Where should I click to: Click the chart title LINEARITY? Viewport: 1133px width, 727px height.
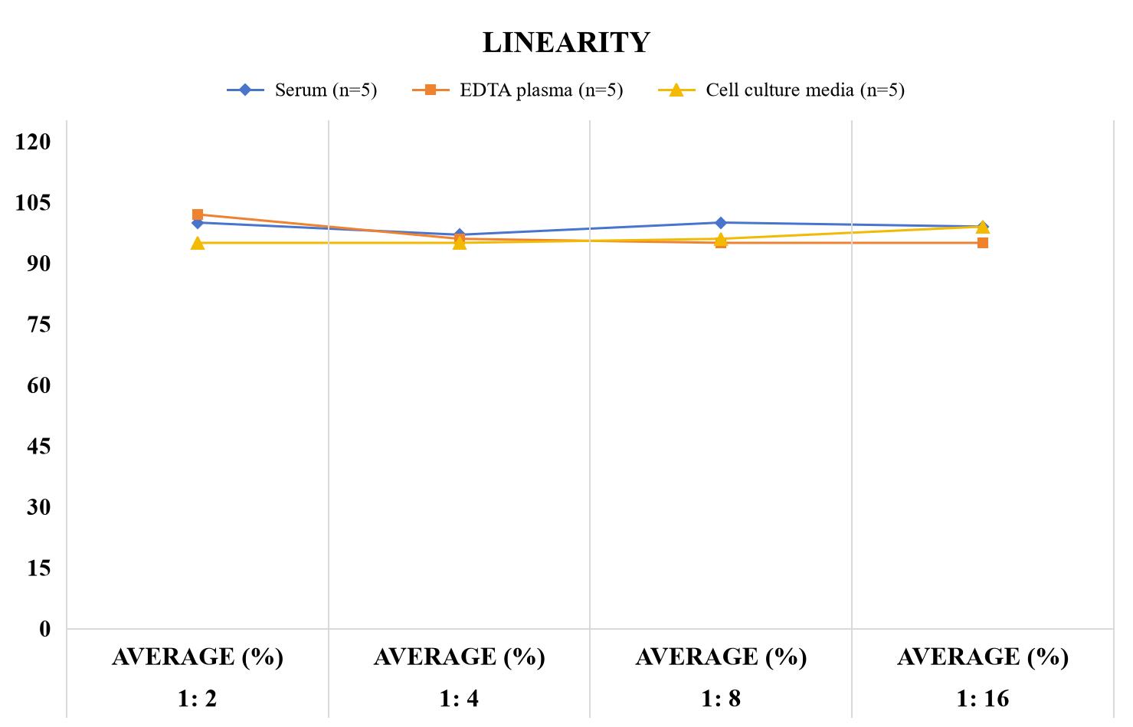coord(566,42)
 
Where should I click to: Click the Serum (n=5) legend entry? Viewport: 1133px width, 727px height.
coord(302,90)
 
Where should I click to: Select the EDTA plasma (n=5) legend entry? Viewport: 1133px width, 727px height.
coord(517,90)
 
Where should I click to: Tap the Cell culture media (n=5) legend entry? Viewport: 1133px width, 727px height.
coord(781,90)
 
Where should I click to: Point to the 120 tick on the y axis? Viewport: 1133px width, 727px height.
coord(33,142)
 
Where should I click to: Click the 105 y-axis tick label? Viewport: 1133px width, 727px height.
coord(33,203)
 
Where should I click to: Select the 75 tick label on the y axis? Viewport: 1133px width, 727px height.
coord(39,325)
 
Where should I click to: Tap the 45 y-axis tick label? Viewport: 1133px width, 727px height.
coord(39,447)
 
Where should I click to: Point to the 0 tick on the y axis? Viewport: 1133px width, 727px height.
coord(45,630)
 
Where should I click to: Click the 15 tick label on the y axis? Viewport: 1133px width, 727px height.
coord(39,568)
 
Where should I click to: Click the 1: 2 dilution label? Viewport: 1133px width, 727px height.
coord(198,699)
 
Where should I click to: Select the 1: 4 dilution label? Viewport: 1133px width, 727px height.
coord(459,699)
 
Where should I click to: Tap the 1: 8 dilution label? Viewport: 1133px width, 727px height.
coord(721,699)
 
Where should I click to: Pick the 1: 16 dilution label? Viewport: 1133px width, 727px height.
coord(982,699)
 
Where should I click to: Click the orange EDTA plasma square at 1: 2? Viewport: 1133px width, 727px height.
coord(198,214)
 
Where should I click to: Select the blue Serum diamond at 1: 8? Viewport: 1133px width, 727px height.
coord(721,223)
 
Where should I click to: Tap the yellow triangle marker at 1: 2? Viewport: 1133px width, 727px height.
coord(198,244)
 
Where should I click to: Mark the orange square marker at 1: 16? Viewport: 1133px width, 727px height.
coord(983,243)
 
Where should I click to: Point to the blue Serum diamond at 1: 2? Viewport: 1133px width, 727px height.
coord(198,223)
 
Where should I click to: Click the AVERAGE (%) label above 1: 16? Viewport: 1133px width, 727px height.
coord(983,657)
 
